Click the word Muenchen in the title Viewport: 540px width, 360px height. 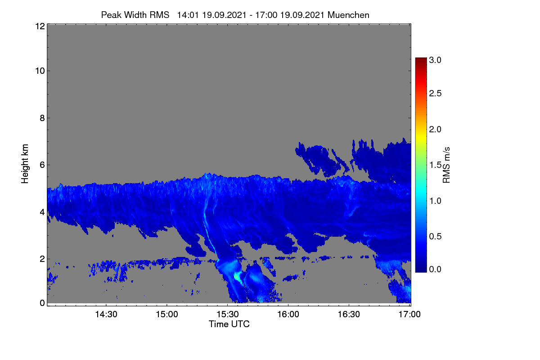pos(348,15)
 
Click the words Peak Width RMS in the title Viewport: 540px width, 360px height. pos(135,15)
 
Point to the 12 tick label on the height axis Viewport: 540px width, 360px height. pos(40,26)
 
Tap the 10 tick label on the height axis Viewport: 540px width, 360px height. pos(40,71)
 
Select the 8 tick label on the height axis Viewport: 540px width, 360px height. pos(42,118)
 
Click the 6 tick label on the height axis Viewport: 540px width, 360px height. pos(42,165)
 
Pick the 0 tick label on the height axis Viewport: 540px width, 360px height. pos(42,303)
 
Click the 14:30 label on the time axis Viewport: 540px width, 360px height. pos(106,314)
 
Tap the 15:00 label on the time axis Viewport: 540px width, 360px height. pos(167,314)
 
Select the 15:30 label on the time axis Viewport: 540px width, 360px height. pos(228,314)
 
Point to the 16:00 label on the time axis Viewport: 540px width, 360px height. pos(288,314)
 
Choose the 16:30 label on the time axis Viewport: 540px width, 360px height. pos(349,314)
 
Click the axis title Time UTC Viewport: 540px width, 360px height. pos(229,324)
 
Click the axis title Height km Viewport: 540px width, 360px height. pos(25,164)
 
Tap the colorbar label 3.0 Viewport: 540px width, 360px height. pos(435,60)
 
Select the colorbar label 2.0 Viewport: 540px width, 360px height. pos(435,129)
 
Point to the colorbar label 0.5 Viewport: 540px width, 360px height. pos(435,236)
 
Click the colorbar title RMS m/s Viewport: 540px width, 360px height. pos(446,165)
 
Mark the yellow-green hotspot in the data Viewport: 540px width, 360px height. pos(238,276)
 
